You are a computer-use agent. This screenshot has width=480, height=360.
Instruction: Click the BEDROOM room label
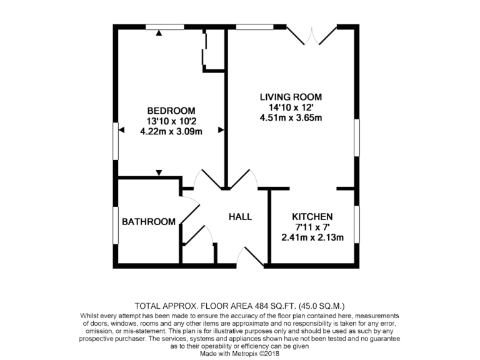tap(171, 110)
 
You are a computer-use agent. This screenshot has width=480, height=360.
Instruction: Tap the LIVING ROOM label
tap(291, 97)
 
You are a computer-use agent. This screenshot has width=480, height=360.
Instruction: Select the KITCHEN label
tap(312, 216)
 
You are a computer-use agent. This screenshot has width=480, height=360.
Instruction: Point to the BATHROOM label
tap(148, 222)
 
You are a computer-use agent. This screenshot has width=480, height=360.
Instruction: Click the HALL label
tap(240, 217)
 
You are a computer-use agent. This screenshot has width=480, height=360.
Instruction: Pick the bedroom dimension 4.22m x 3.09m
tap(171, 132)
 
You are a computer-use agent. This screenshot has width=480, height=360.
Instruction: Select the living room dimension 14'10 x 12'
tap(291, 107)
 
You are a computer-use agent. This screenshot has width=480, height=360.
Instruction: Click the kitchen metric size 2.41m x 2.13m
tap(312, 237)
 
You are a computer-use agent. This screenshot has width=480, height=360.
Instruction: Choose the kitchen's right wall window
tap(357, 224)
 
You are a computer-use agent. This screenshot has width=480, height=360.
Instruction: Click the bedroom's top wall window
tap(165, 26)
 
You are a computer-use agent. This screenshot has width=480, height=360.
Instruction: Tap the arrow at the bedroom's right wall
tap(221, 130)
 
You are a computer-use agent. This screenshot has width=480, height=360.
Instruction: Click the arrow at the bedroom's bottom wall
tap(160, 172)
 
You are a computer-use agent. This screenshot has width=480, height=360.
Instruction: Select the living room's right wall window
tap(357, 137)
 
